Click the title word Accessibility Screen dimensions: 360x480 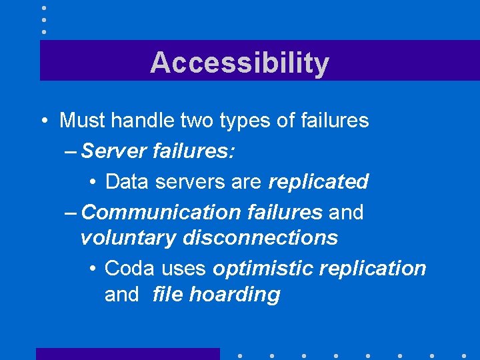pyautogui.click(x=239, y=63)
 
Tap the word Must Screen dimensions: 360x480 pyautogui.click(x=82, y=121)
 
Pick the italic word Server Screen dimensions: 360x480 pyautogui.click(x=115, y=151)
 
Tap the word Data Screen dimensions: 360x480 pyautogui.click(x=125, y=181)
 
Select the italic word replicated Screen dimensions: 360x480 pyautogui.click(x=318, y=181)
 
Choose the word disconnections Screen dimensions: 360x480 pyautogui.click(x=261, y=237)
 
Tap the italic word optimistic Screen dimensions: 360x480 pyautogui.click(x=263, y=268)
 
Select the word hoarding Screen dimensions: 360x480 pyautogui.click(x=235, y=295)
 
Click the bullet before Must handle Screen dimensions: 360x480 pyautogui.click(x=43, y=121)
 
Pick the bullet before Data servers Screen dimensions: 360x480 pyautogui.click(x=92, y=182)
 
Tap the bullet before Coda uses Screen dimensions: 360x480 pyautogui.click(x=92, y=269)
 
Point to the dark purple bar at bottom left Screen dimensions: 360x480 pyautogui.click(x=127, y=353)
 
